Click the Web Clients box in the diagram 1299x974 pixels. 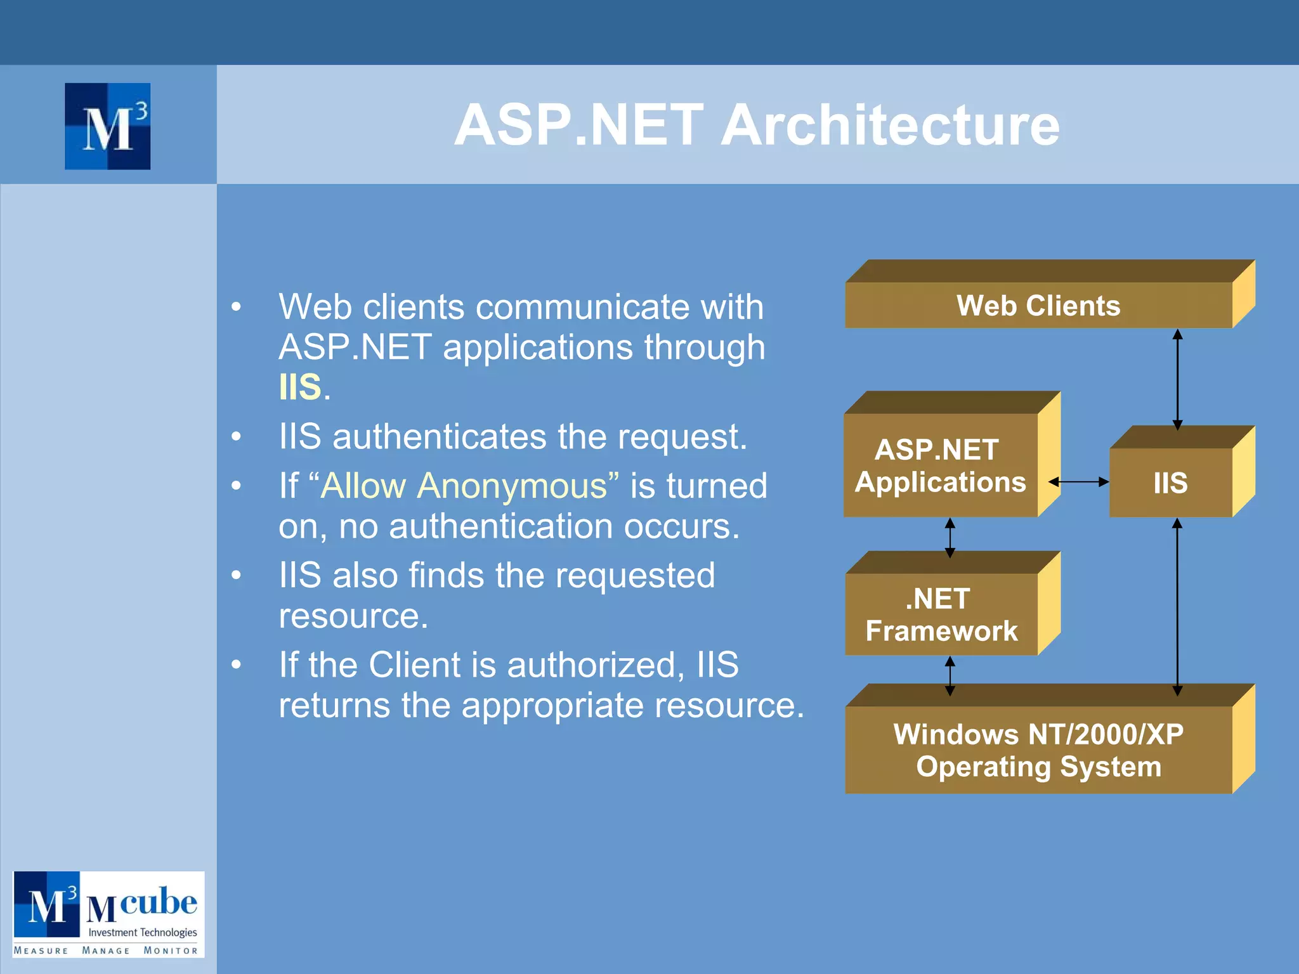pyautogui.click(x=1038, y=305)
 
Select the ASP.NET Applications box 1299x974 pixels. pyautogui.click(x=941, y=466)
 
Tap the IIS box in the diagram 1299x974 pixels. pyautogui.click(x=1170, y=483)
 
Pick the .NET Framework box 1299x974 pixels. pyautogui.click(x=941, y=614)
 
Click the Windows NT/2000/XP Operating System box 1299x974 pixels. pyautogui.click(x=1038, y=750)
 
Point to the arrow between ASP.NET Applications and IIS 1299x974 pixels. pyautogui.click(x=1078, y=482)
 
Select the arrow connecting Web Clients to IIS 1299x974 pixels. pyautogui.click(x=1177, y=379)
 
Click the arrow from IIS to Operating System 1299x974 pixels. pyautogui.click(x=1177, y=607)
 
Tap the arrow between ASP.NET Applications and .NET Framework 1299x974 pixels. pyautogui.click(x=950, y=538)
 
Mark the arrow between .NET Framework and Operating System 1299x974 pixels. pyautogui.click(x=950, y=676)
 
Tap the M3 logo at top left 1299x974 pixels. pyautogui.click(x=108, y=126)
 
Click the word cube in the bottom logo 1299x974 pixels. pyautogui.click(x=159, y=901)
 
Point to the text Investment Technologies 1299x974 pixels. pyautogui.click(x=143, y=932)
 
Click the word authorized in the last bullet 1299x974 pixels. pyautogui.click(x=596, y=665)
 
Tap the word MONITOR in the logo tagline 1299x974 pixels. pyautogui.click(x=171, y=951)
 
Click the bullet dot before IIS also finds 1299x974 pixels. pyautogui.click(x=237, y=576)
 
